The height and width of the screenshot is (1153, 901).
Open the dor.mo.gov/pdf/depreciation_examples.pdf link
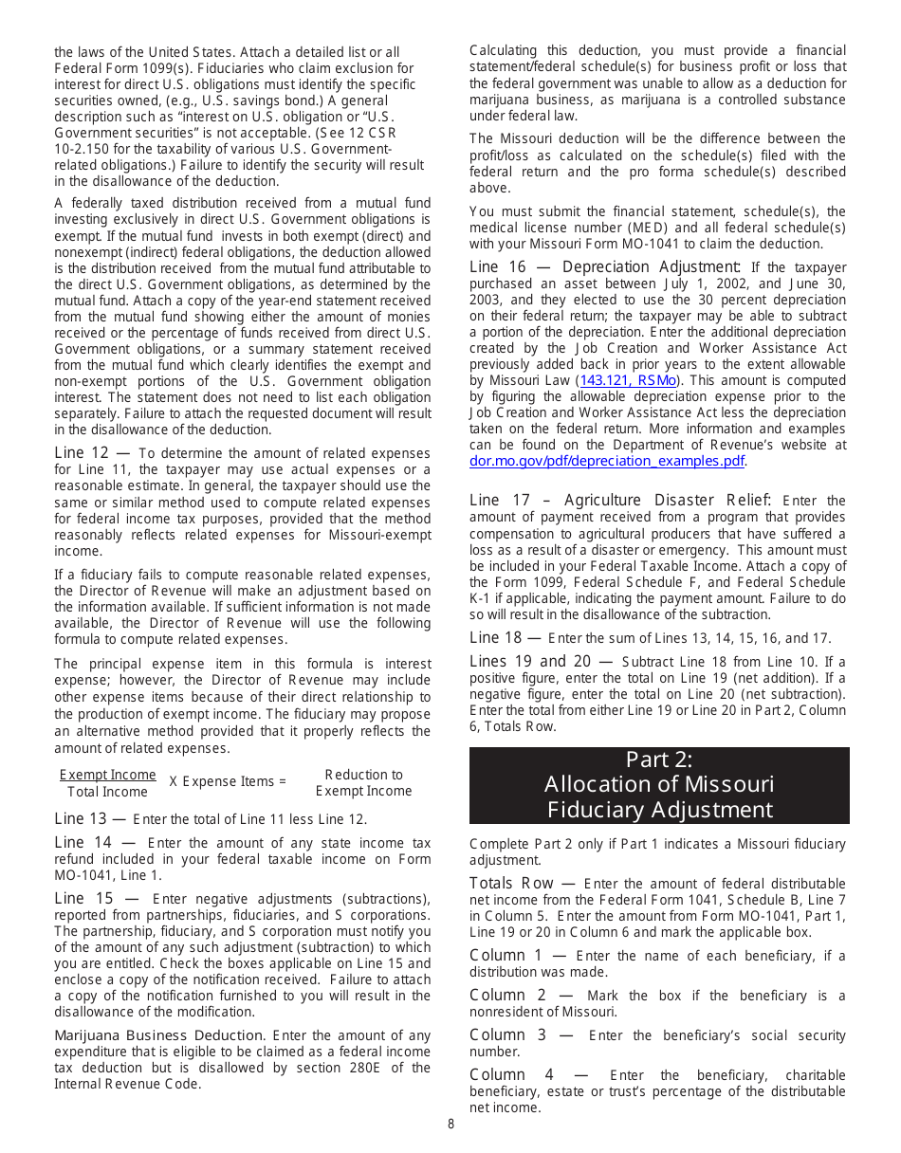607,461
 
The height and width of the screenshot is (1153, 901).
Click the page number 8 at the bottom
451,1124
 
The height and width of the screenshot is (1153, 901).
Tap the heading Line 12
83,453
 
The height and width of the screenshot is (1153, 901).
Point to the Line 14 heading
83,842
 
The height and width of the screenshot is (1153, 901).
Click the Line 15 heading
83,898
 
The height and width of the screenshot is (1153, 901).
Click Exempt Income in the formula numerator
107,775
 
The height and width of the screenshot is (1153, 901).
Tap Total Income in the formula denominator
107,792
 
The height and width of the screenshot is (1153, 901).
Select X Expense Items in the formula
228,781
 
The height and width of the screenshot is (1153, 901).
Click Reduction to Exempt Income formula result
363,782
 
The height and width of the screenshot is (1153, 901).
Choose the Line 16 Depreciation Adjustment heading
605,267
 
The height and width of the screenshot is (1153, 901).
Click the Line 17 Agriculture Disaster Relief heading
620,500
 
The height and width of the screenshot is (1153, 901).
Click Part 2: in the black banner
659,760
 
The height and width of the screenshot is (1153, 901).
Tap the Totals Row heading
511,883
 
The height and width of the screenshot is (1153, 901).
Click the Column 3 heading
507,1034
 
